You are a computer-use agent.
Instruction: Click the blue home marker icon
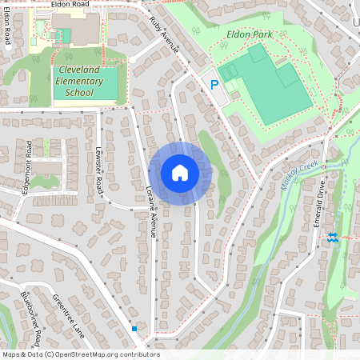pyautogui.click(x=180, y=173)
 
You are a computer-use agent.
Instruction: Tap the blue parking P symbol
pyautogui.click(x=214, y=84)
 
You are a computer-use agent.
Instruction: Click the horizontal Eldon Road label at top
pyautogui.click(x=70, y=4)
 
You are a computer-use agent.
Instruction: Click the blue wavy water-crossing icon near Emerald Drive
pyautogui.click(x=333, y=238)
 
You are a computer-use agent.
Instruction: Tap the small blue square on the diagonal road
pyautogui.click(x=134, y=328)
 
